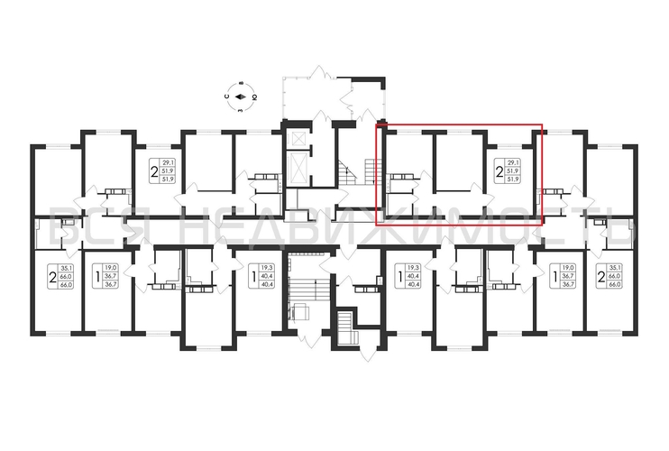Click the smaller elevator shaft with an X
(297, 137)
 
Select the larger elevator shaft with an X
(297, 168)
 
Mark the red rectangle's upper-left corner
(377, 125)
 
